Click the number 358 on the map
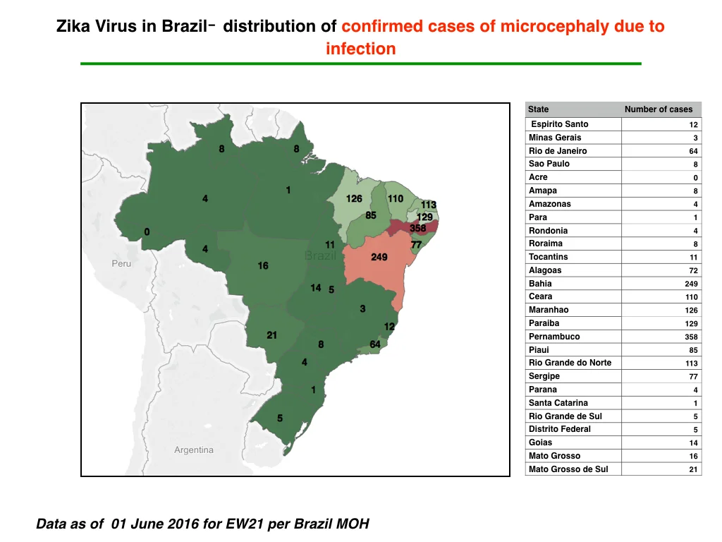tap(417, 228)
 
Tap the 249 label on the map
tap(379, 257)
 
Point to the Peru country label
tap(121, 264)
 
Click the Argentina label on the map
tap(193, 450)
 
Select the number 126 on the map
tap(354, 198)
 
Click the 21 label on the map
tap(271, 335)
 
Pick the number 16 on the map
tap(263, 265)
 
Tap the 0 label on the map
tap(147, 231)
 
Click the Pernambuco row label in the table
tap(554, 337)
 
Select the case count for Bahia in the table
tap(691, 284)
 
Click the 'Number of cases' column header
tap(659, 109)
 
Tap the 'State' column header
tap(538, 109)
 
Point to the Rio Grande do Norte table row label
tap(570, 363)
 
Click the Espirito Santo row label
tap(559, 124)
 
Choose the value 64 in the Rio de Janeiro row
tap(694, 151)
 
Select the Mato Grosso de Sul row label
tap(568, 469)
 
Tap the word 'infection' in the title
tap(360, 49)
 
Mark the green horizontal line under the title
tap(360, 64)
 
